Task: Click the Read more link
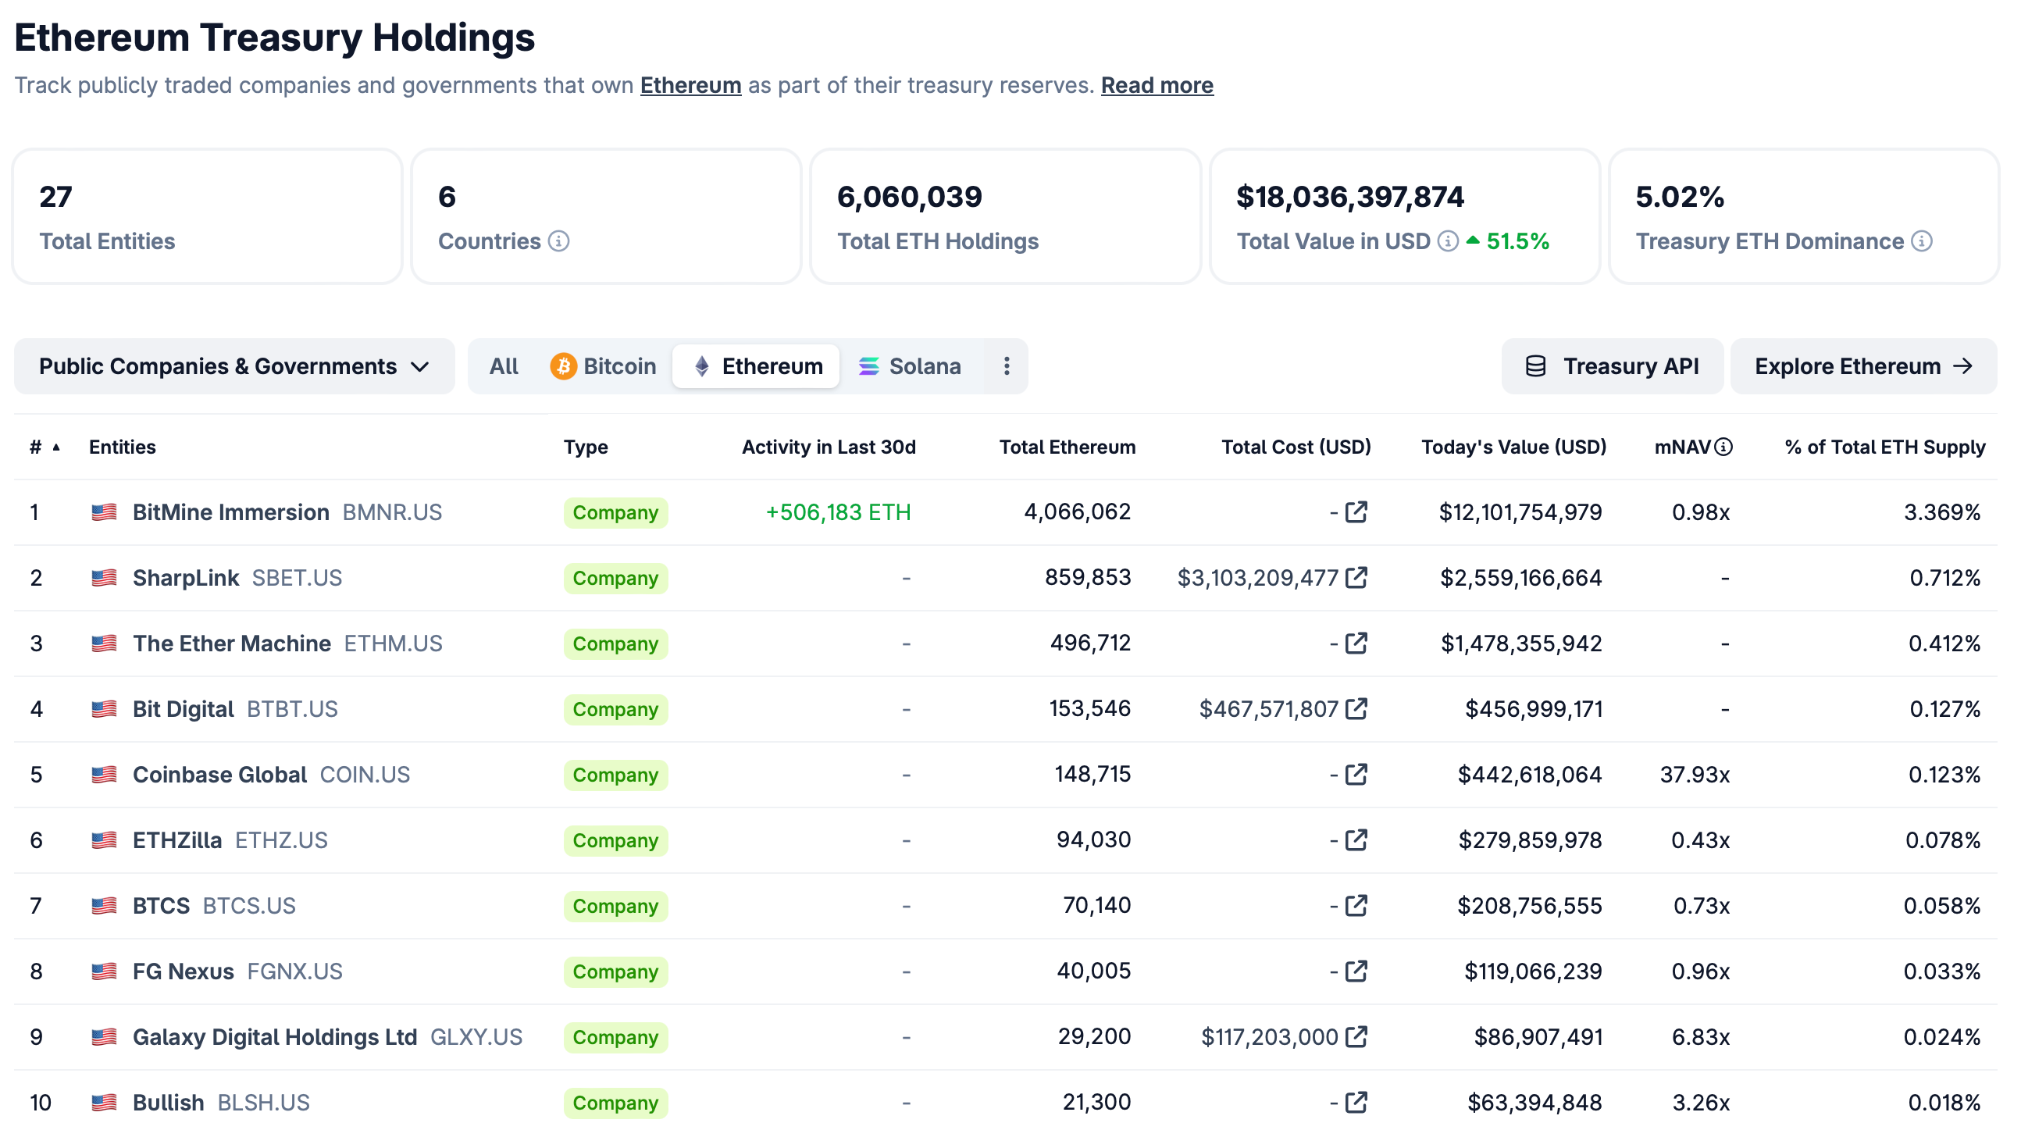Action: coord(1157,85)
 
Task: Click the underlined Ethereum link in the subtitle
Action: coord(690,85)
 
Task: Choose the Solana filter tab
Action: coord(910,366)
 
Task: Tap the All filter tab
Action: coord(504,366)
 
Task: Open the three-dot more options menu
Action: coord(1007,366)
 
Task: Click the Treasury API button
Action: coord(1613,366)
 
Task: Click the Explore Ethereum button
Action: coord(1862,366)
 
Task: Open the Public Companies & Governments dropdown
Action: coord(233,366)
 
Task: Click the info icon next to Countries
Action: coord(558,241)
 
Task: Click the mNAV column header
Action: coord(1683,447)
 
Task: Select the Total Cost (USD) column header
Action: coord(1296,447)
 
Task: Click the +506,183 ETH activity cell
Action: coord(838,512)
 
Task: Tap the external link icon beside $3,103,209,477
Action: coord(1356,579)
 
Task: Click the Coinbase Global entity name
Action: coord(219,775)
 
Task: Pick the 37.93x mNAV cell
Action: coord(1695,775)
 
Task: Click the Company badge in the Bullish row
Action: coord(615,1103)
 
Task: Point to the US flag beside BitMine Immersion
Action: coord(105,512)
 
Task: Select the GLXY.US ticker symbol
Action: coord(476,1036)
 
